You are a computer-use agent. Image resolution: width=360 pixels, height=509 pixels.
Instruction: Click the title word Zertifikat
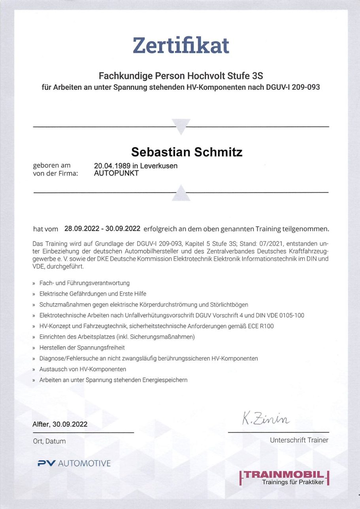point(181,45)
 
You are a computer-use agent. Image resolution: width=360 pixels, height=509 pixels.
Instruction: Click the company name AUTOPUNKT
point(116,173)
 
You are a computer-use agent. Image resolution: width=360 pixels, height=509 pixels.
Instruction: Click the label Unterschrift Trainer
point(299,440)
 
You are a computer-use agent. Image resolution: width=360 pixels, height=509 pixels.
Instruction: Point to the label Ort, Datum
point(49,441)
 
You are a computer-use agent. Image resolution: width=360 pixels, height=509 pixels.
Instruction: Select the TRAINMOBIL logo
point(285,477)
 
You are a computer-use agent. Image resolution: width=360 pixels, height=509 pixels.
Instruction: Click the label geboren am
point(51,166)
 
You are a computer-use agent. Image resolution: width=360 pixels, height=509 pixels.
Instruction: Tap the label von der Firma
point(55,173)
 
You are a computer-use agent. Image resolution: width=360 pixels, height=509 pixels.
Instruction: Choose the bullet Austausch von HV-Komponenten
point(83,369)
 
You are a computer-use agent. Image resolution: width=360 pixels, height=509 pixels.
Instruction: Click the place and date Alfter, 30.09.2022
point(60,424)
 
